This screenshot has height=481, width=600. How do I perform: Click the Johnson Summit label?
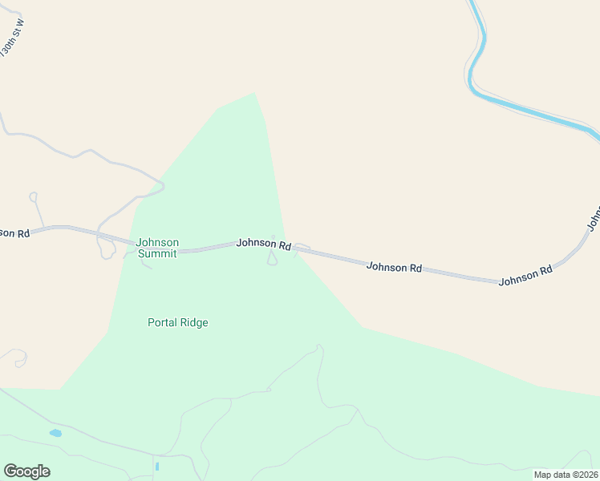[x=157, y=248]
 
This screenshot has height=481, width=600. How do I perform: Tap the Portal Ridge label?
[x=178, y=322]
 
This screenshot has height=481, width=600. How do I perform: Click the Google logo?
[x=26, y=471]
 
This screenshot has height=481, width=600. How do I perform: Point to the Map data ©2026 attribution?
[x=566, y=475]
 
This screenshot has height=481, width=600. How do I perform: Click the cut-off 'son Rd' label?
[x=14, y=232]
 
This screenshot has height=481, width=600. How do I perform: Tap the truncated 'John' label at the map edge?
[x=594, y=216]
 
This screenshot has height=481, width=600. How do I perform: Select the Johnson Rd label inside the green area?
[x=263, y=243]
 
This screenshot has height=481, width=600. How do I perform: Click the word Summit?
[x=157, y=253]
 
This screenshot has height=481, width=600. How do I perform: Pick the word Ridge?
[x=195, y=322]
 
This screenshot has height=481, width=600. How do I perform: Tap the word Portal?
[x=163, y=322]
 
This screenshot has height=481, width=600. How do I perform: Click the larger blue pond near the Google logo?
[x=55, y=433]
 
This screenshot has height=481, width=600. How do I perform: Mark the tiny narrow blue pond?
[x=157, y=466]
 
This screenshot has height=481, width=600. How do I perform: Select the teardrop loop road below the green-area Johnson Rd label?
[x=272, y=258]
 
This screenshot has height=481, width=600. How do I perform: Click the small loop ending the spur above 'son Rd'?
[x=33, y=196]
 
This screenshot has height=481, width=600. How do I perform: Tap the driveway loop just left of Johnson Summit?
[x=105, y=249]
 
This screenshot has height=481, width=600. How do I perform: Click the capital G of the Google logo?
[x=10, y=471]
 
